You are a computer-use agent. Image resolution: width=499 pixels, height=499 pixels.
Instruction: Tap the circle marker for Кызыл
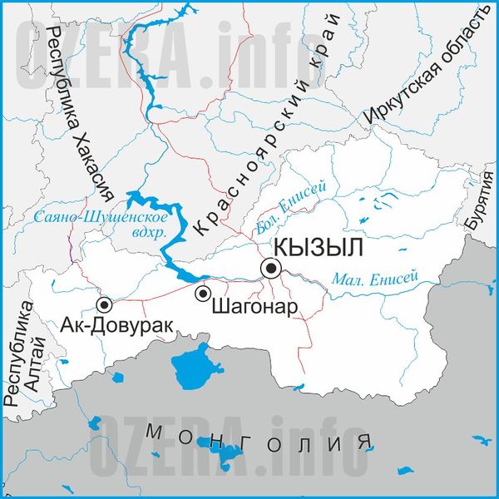click(272, 268)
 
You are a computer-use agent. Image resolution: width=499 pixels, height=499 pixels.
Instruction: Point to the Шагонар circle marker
click(202, 294)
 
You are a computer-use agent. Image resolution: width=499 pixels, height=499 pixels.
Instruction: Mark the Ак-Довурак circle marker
click(105, 304)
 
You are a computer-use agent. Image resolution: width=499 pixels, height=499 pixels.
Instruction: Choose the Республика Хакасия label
click(80, 116)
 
